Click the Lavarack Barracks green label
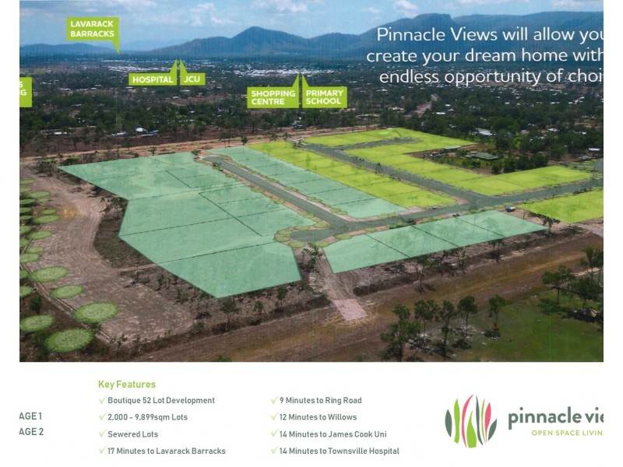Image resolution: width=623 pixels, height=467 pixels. tap(93, 30)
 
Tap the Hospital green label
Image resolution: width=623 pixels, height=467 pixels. tap(153, 79)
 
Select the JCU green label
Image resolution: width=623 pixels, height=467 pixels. tap(192, 79)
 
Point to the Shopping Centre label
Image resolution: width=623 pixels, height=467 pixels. tap(273, 97)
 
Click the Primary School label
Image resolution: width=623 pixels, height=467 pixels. tap(324, 97)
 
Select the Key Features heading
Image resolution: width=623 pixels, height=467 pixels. tap(127, 384)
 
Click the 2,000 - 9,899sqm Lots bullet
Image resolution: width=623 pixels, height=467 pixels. tap(148, 417)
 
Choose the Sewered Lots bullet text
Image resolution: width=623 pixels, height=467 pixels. tap(133, 434)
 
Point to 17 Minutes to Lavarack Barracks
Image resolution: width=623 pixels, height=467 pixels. tap(167, 451)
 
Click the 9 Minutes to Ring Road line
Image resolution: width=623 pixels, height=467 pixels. tap(320, 401)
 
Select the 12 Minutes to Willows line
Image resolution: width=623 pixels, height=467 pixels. tap(318, 417)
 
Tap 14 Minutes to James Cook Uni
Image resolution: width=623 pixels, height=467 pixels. tap(333, 434)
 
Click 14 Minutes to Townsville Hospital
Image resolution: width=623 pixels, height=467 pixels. tap(339, 451)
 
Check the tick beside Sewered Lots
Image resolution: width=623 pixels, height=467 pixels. tap(102, 434)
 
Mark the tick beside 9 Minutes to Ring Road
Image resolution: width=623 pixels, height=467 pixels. tap(274, 401)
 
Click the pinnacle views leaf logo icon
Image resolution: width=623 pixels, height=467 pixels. tap(470, 421)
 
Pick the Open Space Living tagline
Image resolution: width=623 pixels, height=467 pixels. tap(567, 433)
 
